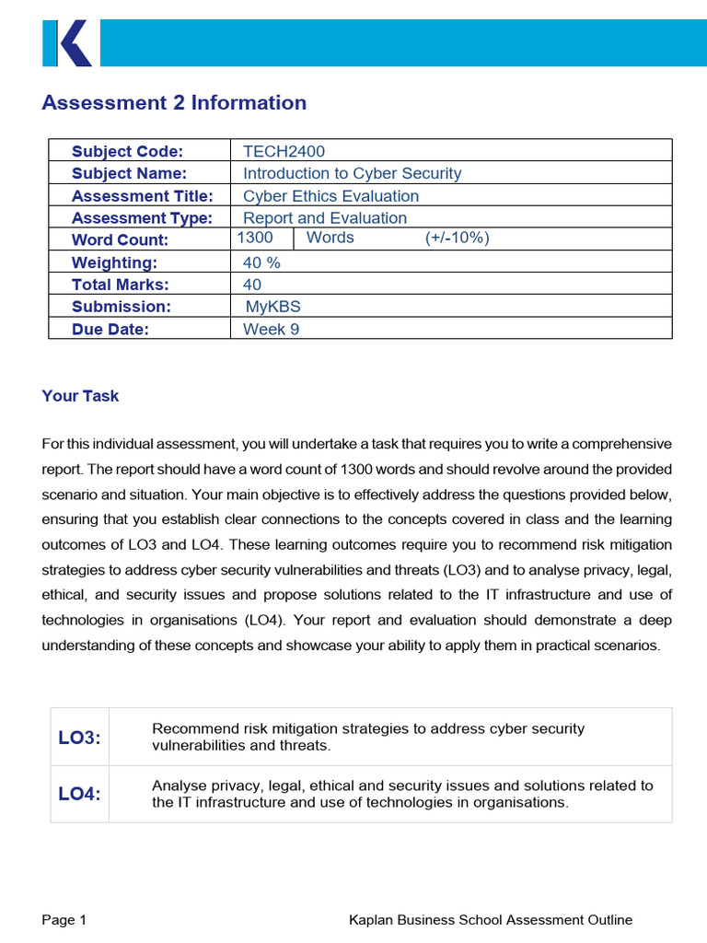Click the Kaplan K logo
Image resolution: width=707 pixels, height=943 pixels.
pyautogui.click(x=67, y=43)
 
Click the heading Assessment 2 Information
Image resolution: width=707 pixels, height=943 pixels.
pyautogui.click(x=174, y=103)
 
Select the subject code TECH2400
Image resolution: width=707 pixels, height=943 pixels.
pyautogui.click(x=284, y=152)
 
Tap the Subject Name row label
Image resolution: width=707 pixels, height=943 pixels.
pyautogui.click(x=129, y=174)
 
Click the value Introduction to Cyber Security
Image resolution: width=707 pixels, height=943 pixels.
pyautogui.click(x=352, y=174)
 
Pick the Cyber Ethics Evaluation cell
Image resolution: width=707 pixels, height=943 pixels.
pyautogui.click(x=330, y=196)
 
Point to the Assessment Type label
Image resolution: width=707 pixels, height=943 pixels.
pyautogui.click(x=142, y=218)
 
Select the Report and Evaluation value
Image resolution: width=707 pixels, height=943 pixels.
pyautogui.click(x=324, y=218)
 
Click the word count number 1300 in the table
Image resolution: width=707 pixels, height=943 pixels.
pyautogui.click(x=255, y=239)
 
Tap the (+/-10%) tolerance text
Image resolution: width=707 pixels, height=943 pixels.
pyautogui.click(x=457, y=239)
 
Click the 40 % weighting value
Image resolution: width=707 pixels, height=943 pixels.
pyautogui.click(x=261, y=262)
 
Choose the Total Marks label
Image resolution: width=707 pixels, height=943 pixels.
pyautogui.click(x=121, y=285)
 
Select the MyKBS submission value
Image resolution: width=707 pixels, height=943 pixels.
pyautogui.click(x=272, y=307)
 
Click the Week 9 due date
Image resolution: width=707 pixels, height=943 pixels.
pyautogui.click(x=271, y=329)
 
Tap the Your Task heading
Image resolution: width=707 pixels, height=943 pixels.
pyautogui.click(x=80, y=396)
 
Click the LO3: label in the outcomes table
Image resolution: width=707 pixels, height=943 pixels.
pyautogui.click(x=79, y=737)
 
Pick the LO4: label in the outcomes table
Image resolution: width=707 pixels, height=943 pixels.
pyautogui.click(x=79, y=794)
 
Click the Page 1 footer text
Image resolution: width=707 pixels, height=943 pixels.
pyautogui.click(x=64, y=919)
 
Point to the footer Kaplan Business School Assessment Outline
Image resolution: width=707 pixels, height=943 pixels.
pyautogui.click(x=491, y=919)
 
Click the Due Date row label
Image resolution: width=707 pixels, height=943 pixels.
pyautogui.click(x=110, y=329)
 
